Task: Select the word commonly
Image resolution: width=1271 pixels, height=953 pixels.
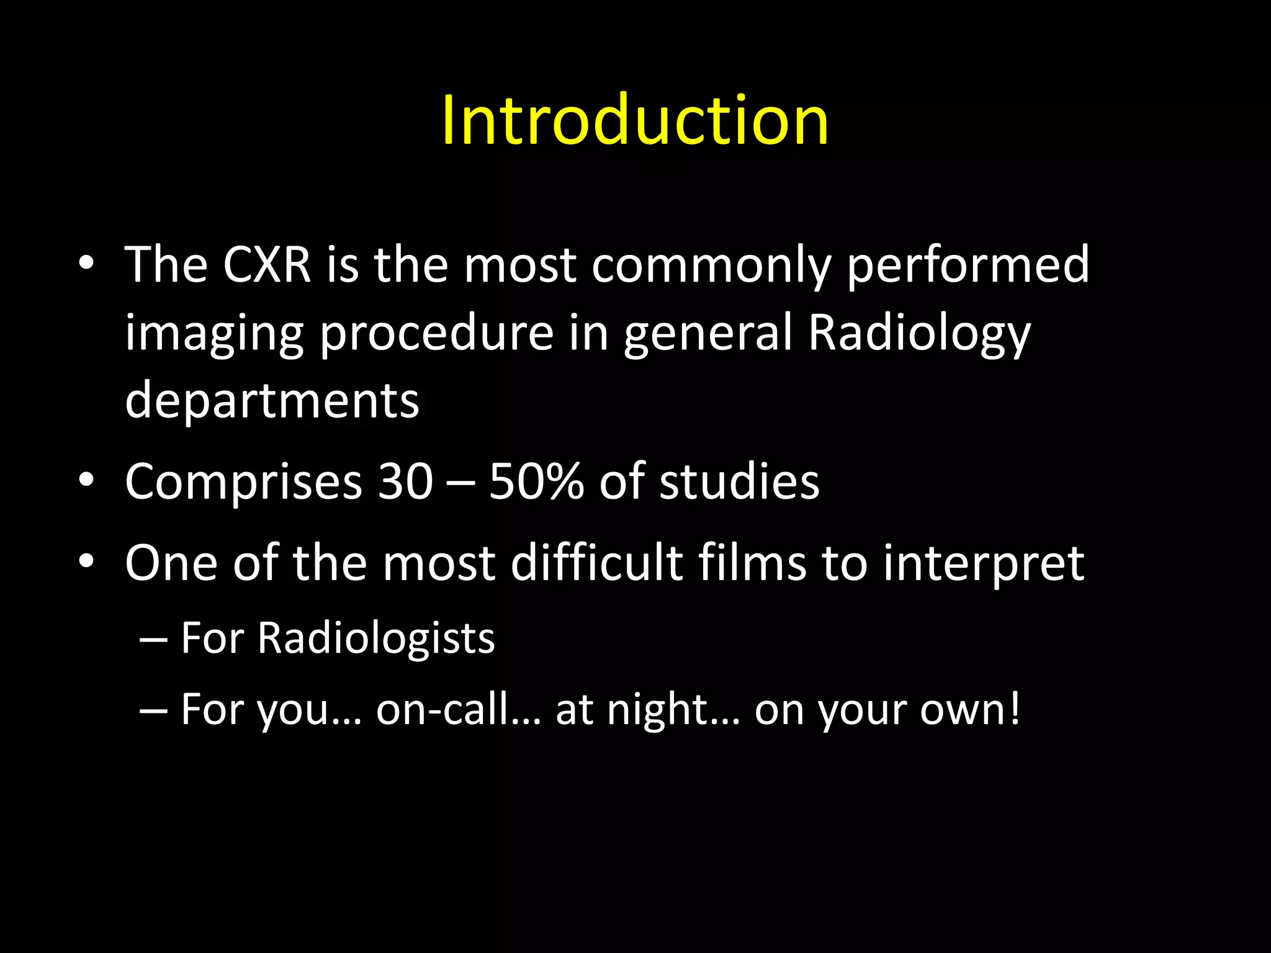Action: click(x=711, y=266)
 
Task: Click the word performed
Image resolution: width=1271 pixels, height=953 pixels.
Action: click(x=968, y=266)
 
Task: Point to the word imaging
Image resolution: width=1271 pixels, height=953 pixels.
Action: click(x=214, y=333)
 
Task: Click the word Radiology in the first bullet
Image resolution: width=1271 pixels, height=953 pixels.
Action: click(x=919, y=333)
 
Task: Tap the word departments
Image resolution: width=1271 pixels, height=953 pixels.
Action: click(x=272, y=401)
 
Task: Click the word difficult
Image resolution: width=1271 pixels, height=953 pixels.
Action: click(x=597, y=563)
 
